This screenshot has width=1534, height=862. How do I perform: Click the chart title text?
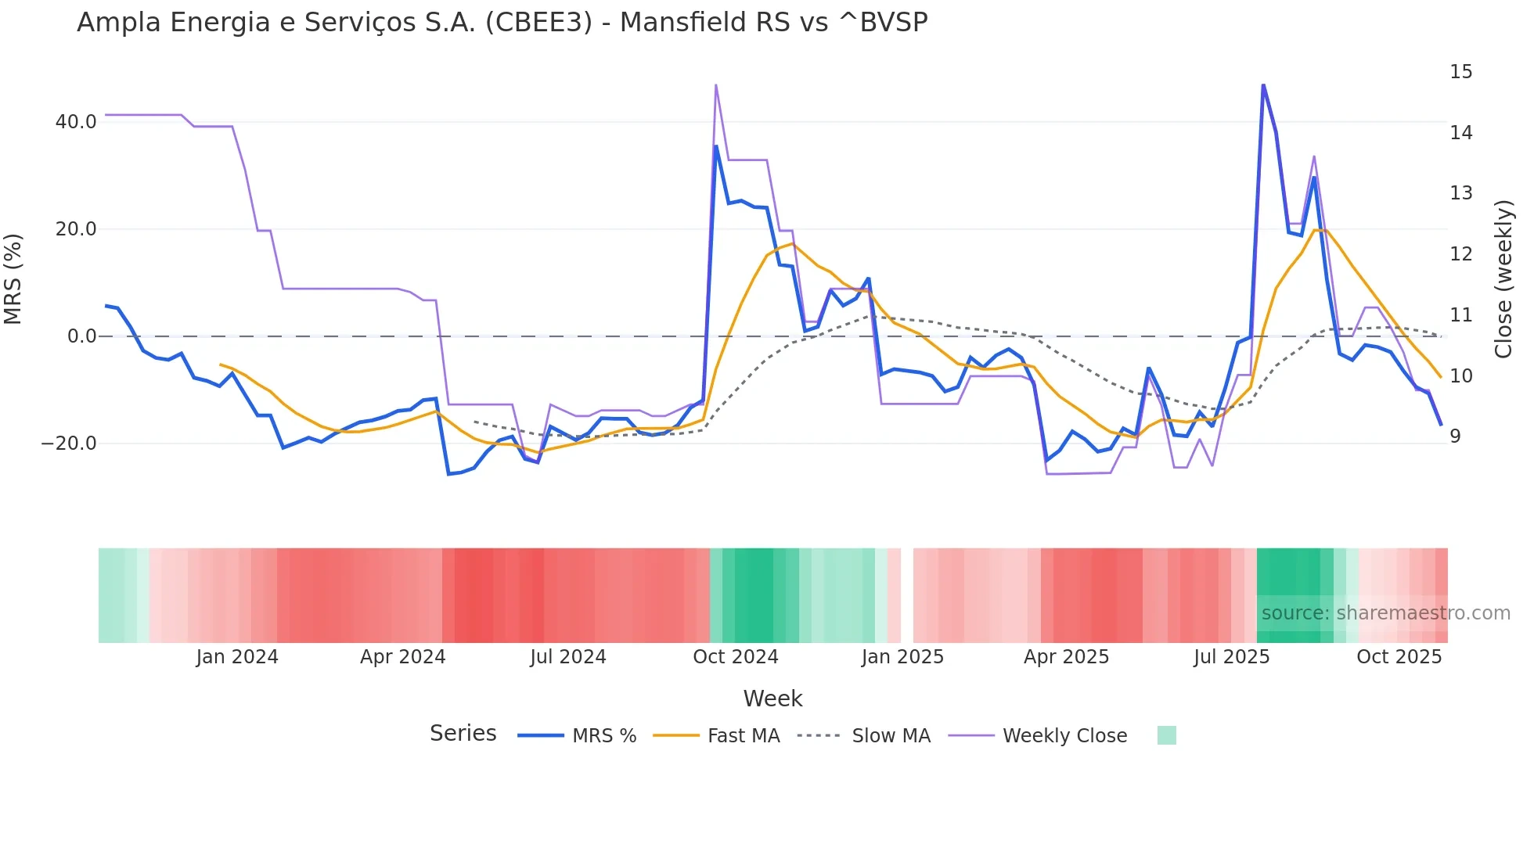click(502, 23)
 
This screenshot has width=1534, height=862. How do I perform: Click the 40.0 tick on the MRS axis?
click(76, 122)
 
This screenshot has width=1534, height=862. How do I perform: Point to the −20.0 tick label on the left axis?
click(69, 444)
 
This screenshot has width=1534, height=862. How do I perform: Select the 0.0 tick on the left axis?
click(82, 336)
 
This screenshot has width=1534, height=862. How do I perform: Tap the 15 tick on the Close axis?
click(1460, 72)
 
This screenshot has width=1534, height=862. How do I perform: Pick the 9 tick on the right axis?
click(1455, 436)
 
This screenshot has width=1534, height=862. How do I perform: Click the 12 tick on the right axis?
click(1460, 254)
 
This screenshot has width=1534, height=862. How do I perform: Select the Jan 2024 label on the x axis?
click(237, 657)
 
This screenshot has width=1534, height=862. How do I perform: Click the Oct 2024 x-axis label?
click(736, 657)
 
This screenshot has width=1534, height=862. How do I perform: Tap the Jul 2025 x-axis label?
click(1231, 657)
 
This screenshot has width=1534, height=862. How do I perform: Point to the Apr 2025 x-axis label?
click(1066, 657)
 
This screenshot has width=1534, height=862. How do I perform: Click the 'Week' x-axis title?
click(772, 699)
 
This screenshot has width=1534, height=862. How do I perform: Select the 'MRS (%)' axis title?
click(13, 278)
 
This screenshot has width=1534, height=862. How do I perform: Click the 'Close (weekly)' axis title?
click(1503, 279)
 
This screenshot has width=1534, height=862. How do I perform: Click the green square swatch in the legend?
click(1166, 735)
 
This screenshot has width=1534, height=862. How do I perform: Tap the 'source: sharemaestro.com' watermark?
click(1385, 613)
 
